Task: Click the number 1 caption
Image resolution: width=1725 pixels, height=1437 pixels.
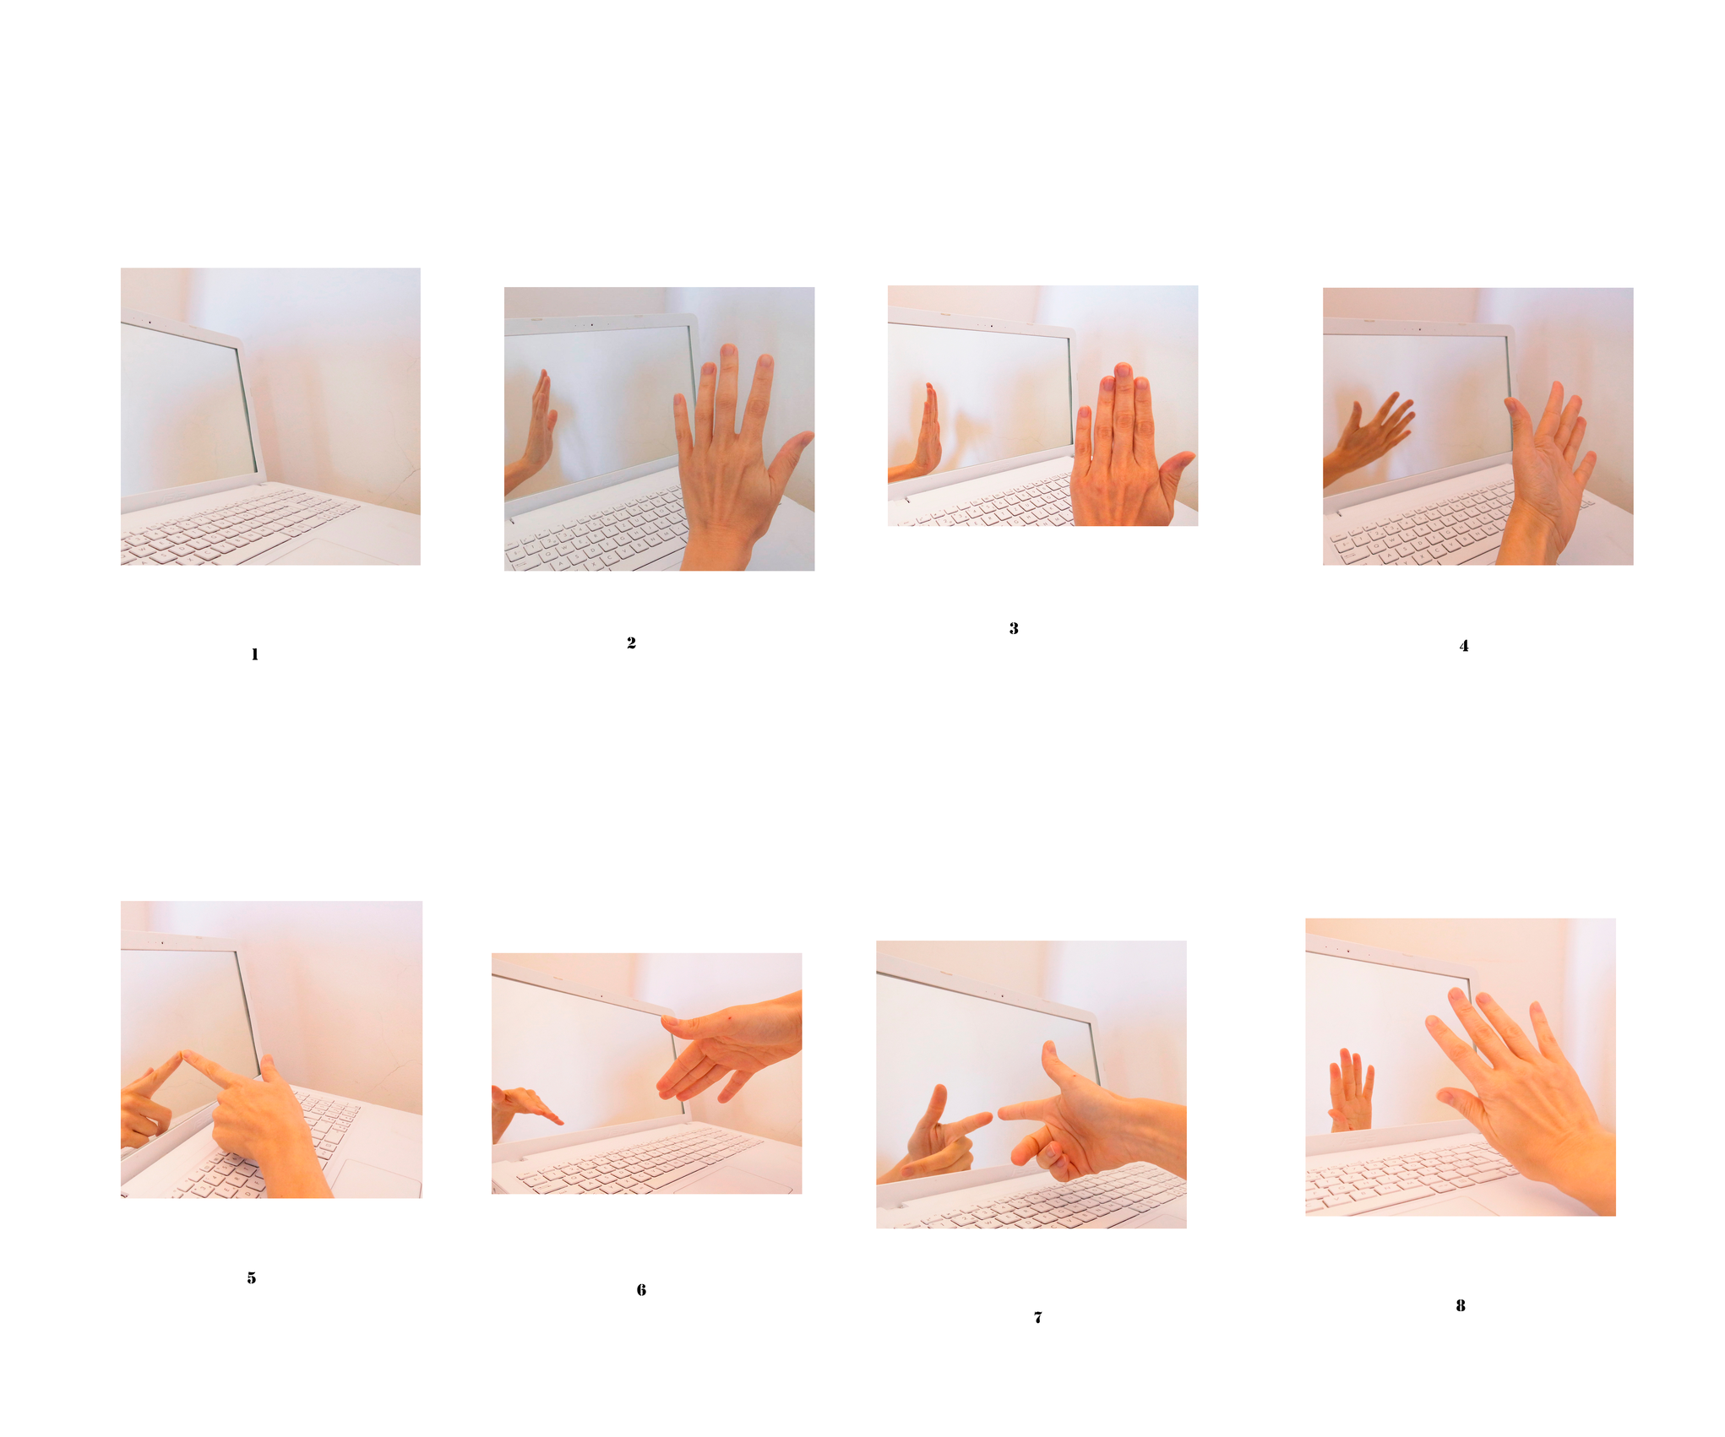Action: tap(254, 654)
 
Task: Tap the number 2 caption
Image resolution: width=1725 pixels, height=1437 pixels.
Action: tap(631, 643)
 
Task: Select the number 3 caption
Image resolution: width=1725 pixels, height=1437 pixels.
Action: tap(1014, 628)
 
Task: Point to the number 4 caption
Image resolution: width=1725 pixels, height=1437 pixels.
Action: tap(1464, 646)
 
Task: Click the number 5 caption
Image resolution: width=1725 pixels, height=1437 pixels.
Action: tap(252, 1278)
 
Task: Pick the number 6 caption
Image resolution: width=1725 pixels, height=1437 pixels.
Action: tap(641, 1290)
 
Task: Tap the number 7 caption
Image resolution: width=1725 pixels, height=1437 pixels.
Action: tap(1038, 1317)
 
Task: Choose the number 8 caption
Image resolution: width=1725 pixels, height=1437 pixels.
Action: tap(1461, 1305)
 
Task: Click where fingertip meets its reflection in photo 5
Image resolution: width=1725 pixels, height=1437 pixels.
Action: tap(182, 1053)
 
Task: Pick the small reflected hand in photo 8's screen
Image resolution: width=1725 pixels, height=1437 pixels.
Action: tap(1352, 1089)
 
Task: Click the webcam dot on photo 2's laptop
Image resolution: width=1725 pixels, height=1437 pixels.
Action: tap(591, 324)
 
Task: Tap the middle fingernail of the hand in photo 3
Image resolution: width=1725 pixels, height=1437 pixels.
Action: tap(1124, 371)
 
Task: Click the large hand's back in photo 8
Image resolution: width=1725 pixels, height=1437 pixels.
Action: tap(1529, 1098)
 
